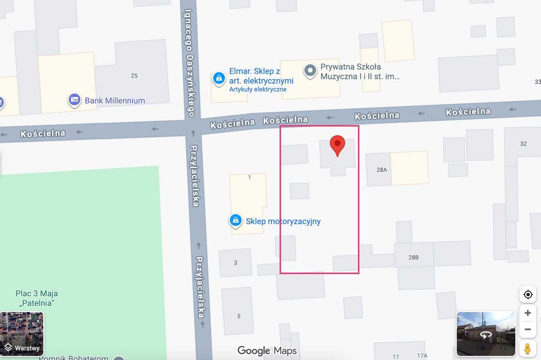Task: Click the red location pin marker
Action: (x=338, y=144)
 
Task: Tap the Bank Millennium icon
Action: (x=74, y=100)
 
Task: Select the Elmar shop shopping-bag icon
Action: (x=219, y=79)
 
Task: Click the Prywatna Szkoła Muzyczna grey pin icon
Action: (x=309, y=71)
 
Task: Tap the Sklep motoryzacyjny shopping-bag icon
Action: (x=235, y=221)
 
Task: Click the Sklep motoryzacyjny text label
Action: (x=283, y=221)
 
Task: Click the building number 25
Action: (x=134, y=76)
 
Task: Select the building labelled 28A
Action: (x=382, y=170)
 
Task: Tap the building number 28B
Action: (x=413, y=257)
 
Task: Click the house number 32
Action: (x=523, y=144)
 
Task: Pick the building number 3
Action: (x=235, y=263)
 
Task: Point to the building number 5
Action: (x=239, y=316)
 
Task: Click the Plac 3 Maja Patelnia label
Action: (x=37, y=298)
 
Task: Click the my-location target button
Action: (x=527, y=295)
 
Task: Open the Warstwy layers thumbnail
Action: (x=22, y=333)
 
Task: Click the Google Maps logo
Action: (x=267, y=351)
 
